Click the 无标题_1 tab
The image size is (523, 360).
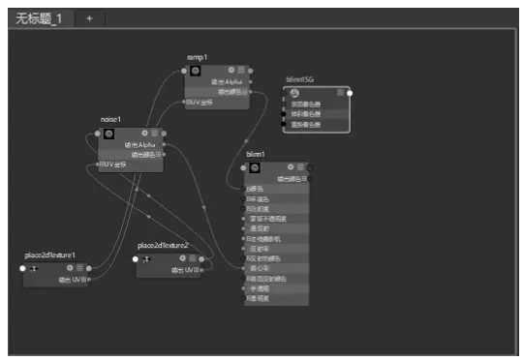pos(38,18)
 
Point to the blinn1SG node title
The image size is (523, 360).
pos(301,80)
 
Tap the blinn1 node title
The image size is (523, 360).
pos(256,155)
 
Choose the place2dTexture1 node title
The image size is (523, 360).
pos(50,256)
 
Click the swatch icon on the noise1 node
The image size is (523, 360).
pos(108,133)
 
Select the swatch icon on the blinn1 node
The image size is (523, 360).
pos(254,167)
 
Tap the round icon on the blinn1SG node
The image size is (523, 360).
pos(294,93)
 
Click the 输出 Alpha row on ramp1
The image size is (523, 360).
pos(228,82)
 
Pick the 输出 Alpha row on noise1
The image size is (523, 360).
pos(140,144)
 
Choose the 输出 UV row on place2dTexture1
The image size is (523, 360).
pos(72,280)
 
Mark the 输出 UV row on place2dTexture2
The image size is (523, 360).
pos(185,270)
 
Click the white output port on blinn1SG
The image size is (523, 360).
pos(350,93)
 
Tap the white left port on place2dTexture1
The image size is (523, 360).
pos(23,268)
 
